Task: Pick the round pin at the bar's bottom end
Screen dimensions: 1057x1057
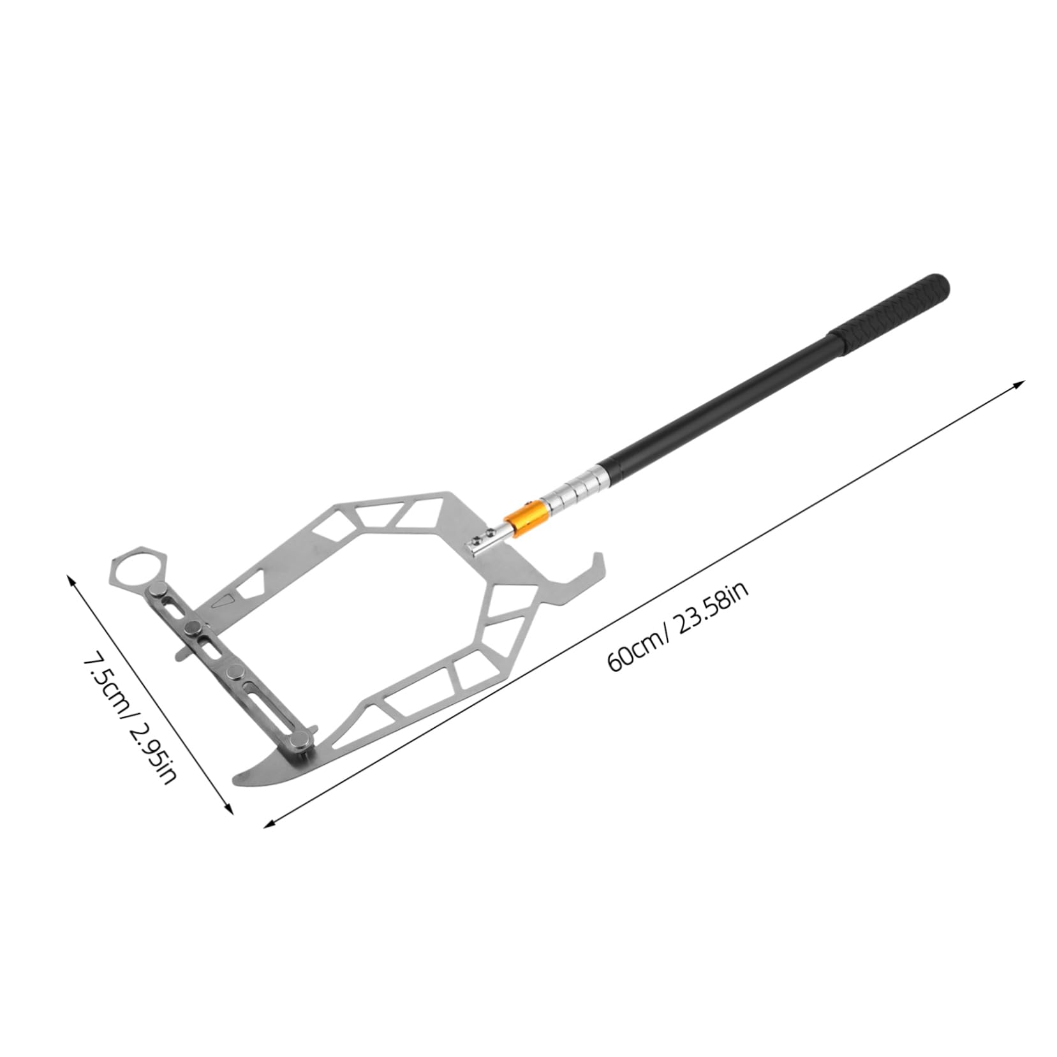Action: coord(299,740)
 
